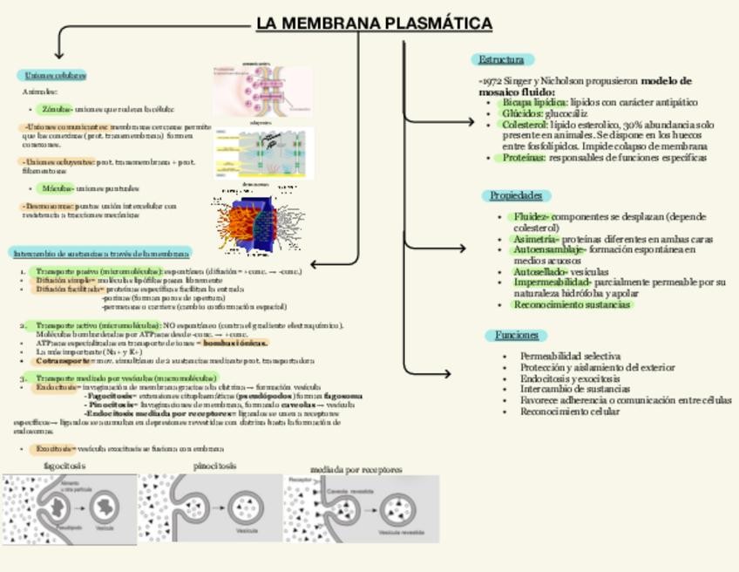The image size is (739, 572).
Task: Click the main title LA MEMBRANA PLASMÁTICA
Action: tap(375, 24)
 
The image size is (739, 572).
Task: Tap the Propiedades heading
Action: tap(516, 196)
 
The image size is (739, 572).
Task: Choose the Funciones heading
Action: tap(516, 336)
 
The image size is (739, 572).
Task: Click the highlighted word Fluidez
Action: tap(531, 216)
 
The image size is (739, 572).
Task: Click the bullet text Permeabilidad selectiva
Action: tap(570, 356)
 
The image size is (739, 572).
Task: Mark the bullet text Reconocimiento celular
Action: tap(570, 412)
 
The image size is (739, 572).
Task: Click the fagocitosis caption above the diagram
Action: tap(64, 466)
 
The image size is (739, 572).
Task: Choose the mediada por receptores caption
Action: tap(356, 470)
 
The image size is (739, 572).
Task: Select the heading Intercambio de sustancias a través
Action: tap(101, 253)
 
